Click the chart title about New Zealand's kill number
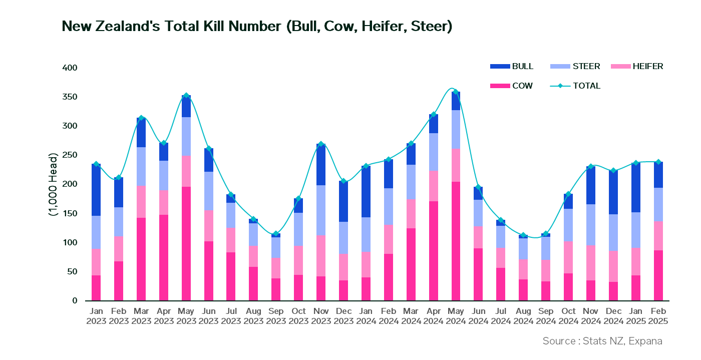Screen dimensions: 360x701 [x=257, y=26]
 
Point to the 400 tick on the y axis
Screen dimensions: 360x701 [x=71, y=68]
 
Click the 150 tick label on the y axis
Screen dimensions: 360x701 [x=71, y=214]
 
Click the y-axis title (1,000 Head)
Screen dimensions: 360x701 [x=53, y=184]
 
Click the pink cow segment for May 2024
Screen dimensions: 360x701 [x=455, y=240]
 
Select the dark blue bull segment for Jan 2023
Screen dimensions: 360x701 [x=96, y=189]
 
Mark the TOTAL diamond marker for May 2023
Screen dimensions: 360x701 [x=186, y=95]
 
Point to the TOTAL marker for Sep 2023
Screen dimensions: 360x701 [x=276, y=234]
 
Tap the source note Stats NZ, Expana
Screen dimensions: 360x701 [x=602, y=341]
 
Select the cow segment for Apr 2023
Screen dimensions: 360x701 [x=164, y=257]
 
